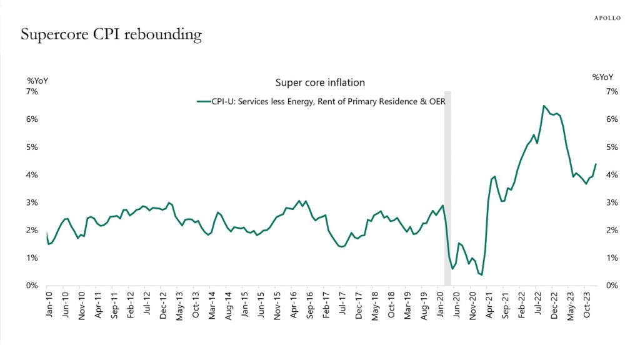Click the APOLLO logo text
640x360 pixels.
coord(607,18)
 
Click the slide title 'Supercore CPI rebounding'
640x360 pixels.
coord(111,34)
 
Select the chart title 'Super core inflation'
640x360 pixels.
coord(320,82)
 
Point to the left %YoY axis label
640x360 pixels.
coord(37,80)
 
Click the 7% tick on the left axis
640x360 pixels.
coord(32,92)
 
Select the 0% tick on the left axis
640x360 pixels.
coord(32,286)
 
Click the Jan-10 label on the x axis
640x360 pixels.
coord(49,304)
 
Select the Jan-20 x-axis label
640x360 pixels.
coord(439,304)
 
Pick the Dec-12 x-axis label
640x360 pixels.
coord(163,304)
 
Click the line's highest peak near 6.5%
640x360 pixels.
coord(544,106)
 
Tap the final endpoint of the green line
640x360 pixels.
coord(596,164)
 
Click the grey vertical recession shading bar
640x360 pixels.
coord(447,187)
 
